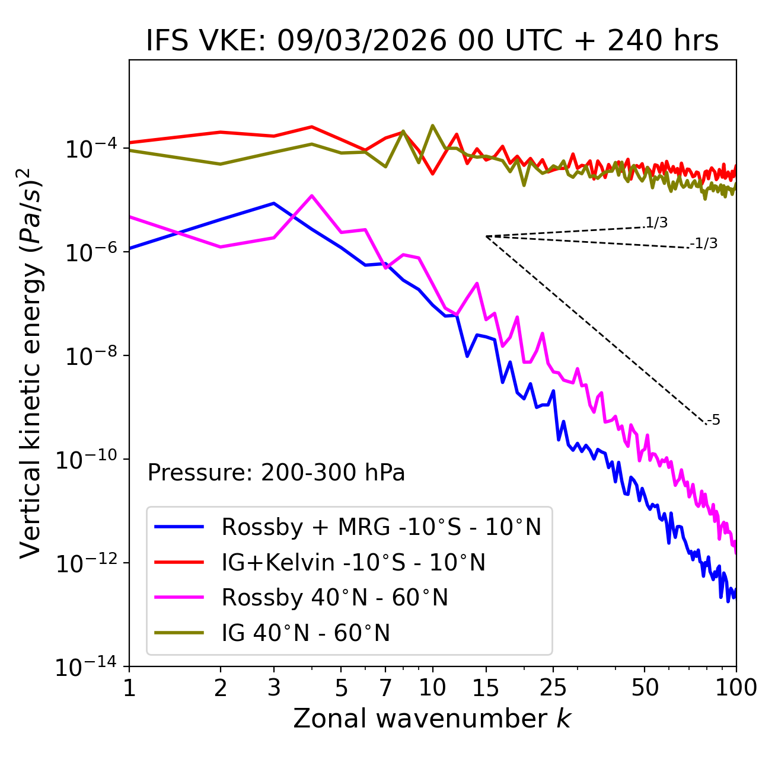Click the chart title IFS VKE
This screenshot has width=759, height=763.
[432, 41]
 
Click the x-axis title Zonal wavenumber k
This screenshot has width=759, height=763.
[432, 719]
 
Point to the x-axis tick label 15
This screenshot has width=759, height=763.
[486, 688]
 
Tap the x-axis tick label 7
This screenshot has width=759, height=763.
[385, 688]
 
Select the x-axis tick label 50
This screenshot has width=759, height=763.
[645, 688]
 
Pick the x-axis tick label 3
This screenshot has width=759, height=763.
[274, 688]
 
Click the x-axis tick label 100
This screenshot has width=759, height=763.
[736, 688]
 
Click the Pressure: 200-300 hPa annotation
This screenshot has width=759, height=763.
[276, 473]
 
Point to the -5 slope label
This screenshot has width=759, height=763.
[713, 420]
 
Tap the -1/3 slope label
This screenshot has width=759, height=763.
[704, 243]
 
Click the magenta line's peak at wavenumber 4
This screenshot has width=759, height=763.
[312, 195]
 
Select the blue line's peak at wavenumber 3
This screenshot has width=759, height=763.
[274, 203]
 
